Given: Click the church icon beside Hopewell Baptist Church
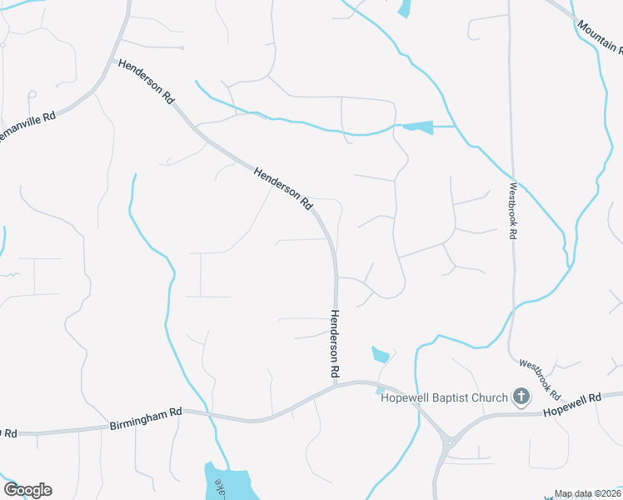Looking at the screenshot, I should click(521, 397).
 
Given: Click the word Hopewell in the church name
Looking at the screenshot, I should click(405, 397).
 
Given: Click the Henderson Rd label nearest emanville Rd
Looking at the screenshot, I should click(147, 81).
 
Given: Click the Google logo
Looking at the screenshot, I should click(27, 490).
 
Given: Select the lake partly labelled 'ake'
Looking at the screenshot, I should click(227, 483).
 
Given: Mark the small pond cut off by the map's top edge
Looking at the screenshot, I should click(405, 8).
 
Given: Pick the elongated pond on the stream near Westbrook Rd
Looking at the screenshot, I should click(418, 127).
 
